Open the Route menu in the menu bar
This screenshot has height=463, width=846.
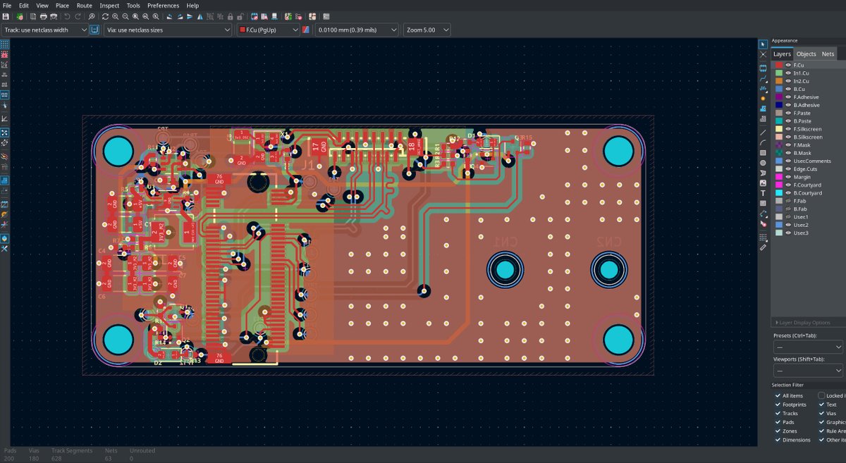pyautogui.click(x=84, y=5)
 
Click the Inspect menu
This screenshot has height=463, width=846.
pyautogui.click(x=109, y=5)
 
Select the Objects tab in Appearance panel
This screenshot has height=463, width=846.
pyautogui.click(x=806, y=54)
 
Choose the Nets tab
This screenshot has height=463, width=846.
pyautogui.click(x=828, y=54)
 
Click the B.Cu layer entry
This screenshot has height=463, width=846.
pyautogui.click(x=799, y=89)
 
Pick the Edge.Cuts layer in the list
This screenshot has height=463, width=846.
pyautogui.click(x=803, y=169)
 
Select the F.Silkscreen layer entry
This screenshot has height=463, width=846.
pyautogui.click(x=807, y=129)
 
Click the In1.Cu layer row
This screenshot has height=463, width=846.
pyautogui.click(x=801, y=73)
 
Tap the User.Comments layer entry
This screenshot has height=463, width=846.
pyautogui.click(x=812, y=161)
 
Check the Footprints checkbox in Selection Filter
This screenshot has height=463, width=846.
pyautogui.click(x=778, y=405)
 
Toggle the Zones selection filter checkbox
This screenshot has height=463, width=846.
pyautogui.click(x=778, y=431)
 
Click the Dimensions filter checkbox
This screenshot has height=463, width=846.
pyautogui.click(x=778, y=440)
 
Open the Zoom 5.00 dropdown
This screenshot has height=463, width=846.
pyautogui.click(x=429, y=30)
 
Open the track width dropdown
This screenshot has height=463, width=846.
pyautogui.click(x=45, y=30)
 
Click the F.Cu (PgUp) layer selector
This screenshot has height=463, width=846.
pyautogui.click(x=268, y=30)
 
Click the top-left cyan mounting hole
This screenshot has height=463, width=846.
pyautogui.click(x=118, y=151)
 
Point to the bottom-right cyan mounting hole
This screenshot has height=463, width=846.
pyautogui.click(x=618, y=339)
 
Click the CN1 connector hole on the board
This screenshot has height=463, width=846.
pyautogui.click(x=505, y=269)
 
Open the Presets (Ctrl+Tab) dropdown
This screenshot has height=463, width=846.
pyautogui.click(x=807, y=347)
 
